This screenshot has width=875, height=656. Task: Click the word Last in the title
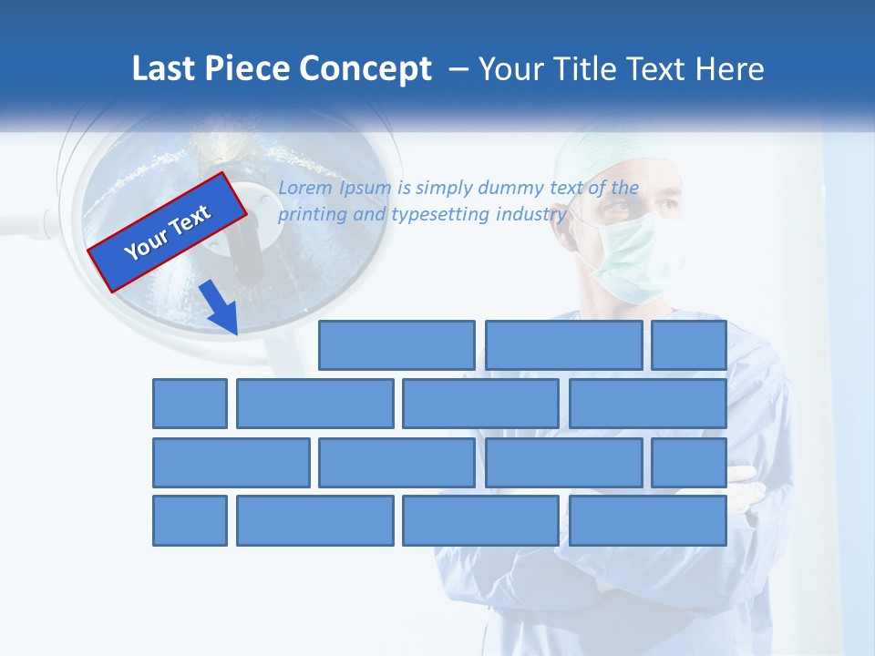162,69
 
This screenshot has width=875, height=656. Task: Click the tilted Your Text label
168,232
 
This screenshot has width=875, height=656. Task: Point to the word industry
531,215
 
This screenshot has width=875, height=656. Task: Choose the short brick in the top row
688,345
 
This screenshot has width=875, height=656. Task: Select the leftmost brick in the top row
396,345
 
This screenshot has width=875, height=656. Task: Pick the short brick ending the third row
688,463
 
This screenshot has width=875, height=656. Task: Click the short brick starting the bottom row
190,521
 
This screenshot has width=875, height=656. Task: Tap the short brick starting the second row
190,404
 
